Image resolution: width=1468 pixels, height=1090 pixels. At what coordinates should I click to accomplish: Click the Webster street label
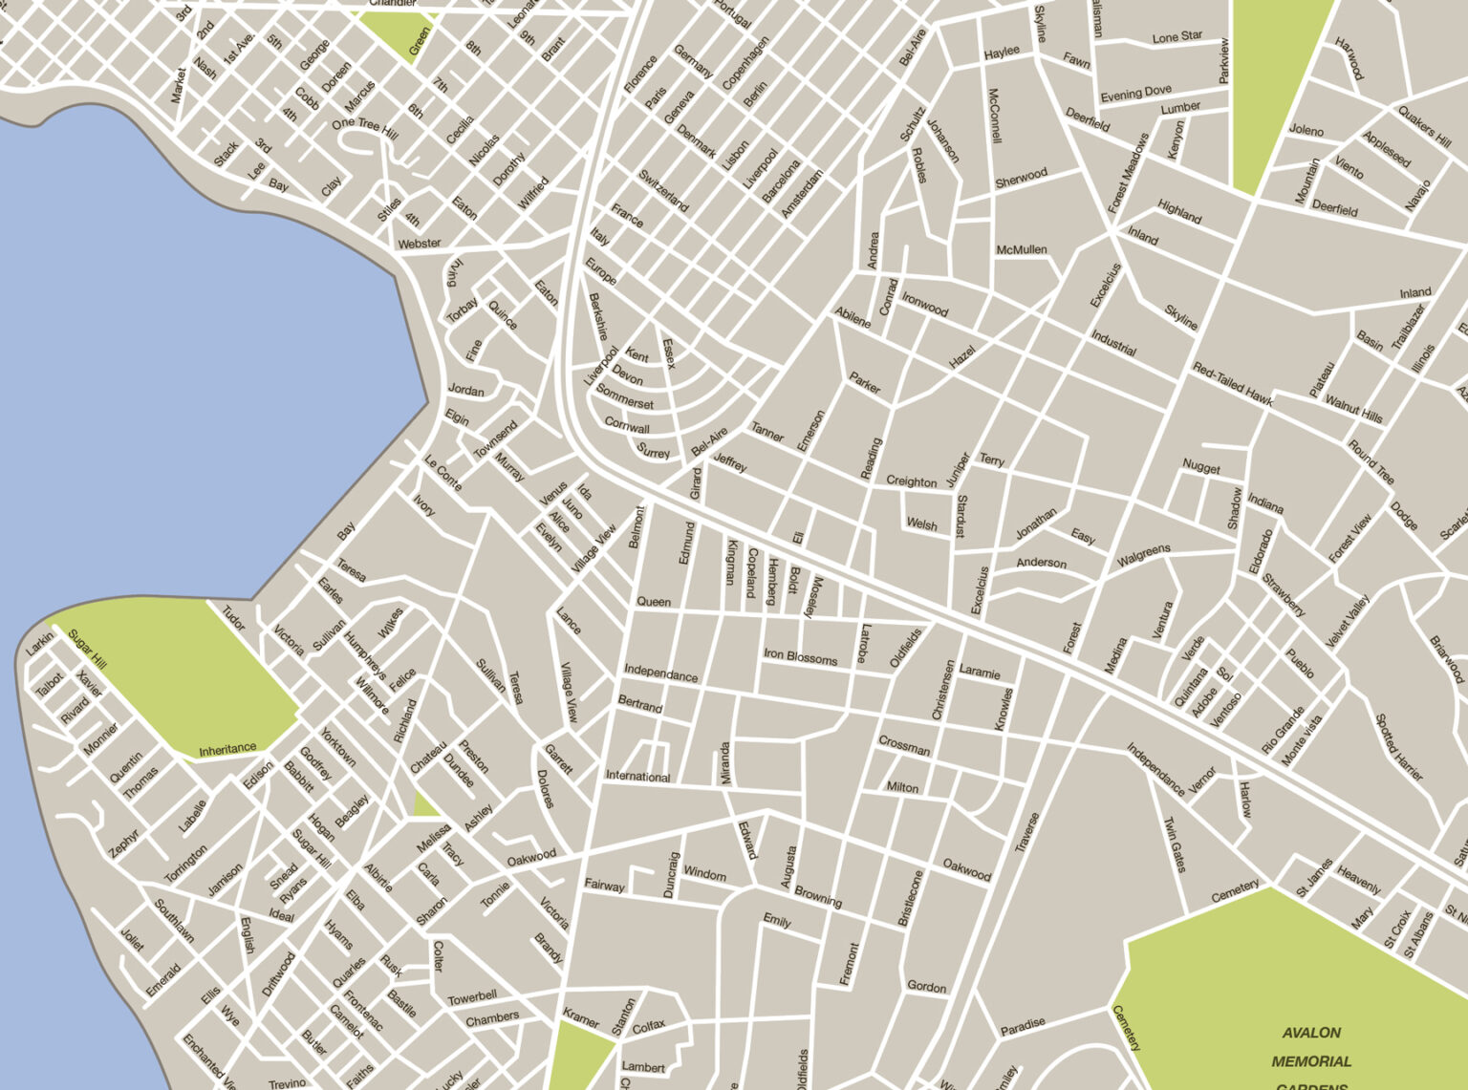tap(419, 244)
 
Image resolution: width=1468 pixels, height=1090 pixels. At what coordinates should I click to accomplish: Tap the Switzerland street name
tap(663, 191)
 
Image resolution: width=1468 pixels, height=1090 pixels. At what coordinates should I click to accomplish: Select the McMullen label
tap(1021, 249)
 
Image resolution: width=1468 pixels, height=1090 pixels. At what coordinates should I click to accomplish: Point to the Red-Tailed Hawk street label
tap(1232, 383)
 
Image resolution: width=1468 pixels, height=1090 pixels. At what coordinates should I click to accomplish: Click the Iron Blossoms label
tap(800, 657)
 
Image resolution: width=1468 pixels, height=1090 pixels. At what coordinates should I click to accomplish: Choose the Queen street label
tap(654, 602)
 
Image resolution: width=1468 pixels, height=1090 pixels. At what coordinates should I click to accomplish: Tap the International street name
tap(637, 776)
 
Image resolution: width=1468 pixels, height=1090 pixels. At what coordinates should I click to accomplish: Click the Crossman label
tap(903, 746)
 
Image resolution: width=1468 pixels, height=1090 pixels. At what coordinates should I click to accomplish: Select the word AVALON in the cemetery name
tap(1311, 1033)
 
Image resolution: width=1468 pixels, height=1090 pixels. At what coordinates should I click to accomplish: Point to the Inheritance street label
tap(227, 749)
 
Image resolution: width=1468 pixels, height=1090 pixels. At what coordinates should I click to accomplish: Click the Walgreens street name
tap(1143, 554)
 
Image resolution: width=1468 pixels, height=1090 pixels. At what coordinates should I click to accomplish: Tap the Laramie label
tap(979, 672)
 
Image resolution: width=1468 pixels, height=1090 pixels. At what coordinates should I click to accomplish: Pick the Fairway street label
tap(604, 886)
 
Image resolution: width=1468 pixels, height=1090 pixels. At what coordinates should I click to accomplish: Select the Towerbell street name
tap(472, 997)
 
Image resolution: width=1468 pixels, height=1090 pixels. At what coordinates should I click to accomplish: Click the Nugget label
tap(1200, 467)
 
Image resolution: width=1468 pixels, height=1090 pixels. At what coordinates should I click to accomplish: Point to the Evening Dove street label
tap(1135, 94)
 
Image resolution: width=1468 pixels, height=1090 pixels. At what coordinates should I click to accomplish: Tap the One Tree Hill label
tap(364, 125)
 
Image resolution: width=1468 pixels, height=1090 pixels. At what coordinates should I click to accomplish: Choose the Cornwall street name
tap(627, 425)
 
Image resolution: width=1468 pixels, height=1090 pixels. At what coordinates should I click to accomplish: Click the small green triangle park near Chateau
tap(424, 805)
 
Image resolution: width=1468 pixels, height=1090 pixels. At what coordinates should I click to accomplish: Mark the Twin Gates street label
tap(1174, 844)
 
